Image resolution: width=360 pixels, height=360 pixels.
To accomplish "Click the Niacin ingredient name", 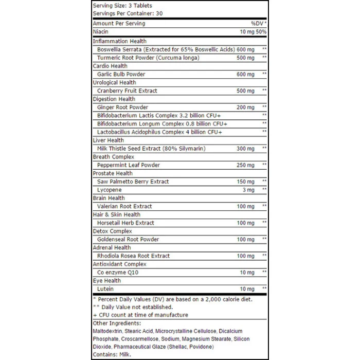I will coord(100,32).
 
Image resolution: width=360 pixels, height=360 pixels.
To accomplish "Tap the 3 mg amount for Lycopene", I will coord(248,190).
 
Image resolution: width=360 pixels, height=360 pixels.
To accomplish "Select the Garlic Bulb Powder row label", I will coord(121,74).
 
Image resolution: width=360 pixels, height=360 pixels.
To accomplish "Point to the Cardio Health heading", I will coord(110,66).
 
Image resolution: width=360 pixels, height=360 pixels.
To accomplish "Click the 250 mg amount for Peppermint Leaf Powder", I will coord(245,165).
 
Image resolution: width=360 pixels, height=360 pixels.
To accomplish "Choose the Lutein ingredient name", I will coord(105,289).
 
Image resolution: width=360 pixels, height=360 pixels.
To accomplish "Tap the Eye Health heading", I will coord(106,281).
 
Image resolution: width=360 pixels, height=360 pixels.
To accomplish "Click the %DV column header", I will coord(258,24).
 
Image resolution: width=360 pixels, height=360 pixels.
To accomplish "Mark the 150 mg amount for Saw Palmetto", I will coord(245,182).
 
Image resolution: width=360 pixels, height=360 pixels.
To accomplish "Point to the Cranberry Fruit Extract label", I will coord(127,91).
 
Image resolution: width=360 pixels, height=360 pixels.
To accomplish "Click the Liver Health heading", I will coord(108,140).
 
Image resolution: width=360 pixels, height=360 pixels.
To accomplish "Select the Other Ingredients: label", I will coord(117,323).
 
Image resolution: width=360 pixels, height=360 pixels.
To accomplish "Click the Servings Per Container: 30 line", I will coord(128,13).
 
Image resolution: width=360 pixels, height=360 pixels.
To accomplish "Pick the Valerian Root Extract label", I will coord(124,206).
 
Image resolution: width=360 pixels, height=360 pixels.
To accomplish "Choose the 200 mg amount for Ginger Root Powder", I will coord(245,107).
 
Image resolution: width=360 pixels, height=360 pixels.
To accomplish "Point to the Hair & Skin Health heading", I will coord(116,214).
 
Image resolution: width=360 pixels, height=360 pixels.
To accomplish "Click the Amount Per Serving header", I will coord(119,24).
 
